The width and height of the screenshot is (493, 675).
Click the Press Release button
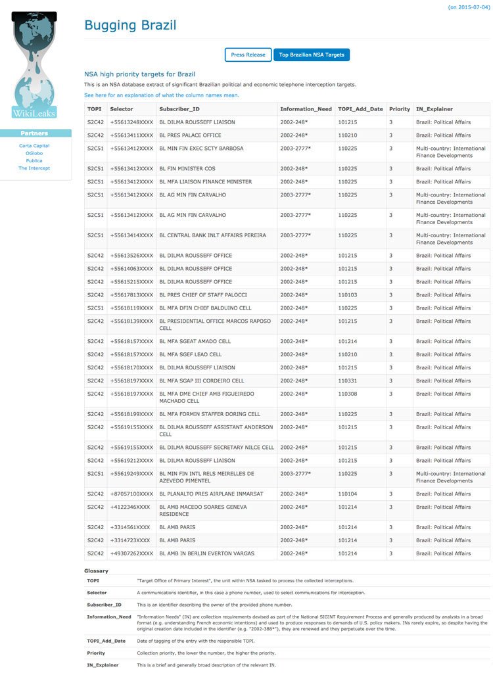point(248,55)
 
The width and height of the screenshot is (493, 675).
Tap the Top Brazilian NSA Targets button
point(312,55)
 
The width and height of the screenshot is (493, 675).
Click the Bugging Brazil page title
point(130,26)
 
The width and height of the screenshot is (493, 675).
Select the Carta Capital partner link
point(34,146)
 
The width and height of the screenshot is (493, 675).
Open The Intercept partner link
point(34,168)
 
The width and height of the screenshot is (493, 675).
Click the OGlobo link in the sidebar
point(34,153)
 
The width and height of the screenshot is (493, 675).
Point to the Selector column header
point(121,109)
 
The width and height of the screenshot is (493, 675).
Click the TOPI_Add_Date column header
point(360,109)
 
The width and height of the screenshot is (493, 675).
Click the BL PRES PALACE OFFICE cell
point(190,135)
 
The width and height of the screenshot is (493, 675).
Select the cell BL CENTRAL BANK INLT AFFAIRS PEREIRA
point(212,235)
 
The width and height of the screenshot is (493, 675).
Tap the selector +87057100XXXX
point(131,494)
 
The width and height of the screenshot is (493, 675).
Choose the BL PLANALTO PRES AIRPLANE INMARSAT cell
point(211,494)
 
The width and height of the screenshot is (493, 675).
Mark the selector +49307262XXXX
point(131,553)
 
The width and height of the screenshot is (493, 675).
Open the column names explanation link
point(162,95)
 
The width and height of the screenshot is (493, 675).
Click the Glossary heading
point(96,570)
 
